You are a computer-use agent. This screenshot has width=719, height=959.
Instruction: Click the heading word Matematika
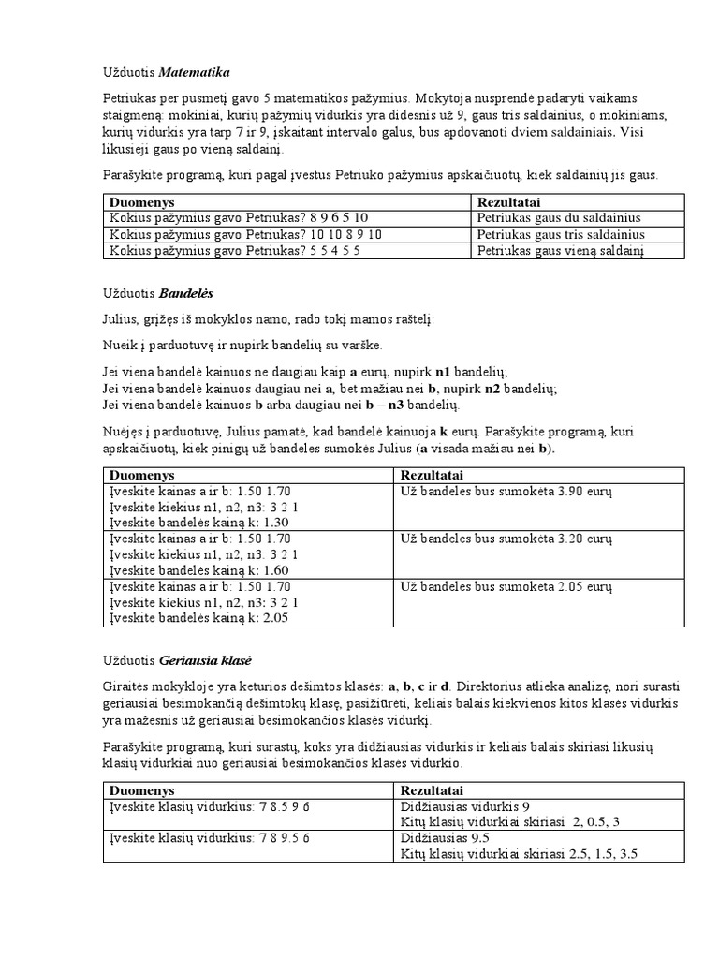195,72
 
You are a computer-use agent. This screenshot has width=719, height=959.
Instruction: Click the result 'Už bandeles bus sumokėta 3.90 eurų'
506,491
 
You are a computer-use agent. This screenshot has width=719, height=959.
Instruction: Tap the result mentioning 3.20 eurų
506,539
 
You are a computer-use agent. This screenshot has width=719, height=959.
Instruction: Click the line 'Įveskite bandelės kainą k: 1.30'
193,522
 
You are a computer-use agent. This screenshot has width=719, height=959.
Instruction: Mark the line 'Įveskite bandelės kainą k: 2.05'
193,617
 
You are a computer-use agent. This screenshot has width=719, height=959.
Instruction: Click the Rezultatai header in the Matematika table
507,201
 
